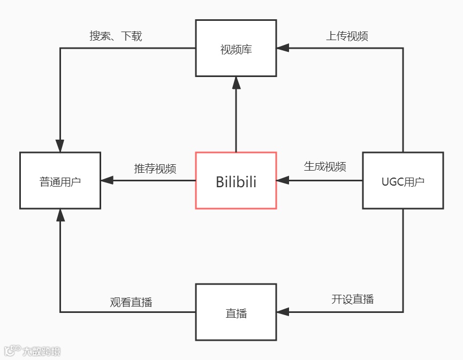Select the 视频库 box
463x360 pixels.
tap(236, 49)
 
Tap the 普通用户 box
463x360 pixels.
tap(60, 181)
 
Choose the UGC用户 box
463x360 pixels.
tap(403, 181)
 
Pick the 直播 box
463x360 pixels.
tap(236, 312)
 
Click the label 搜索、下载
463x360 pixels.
tap(116, 36)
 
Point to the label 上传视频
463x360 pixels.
tap(347, 36)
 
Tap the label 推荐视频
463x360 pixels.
tap(155, 168)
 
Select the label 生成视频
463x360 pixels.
tap(325, 166)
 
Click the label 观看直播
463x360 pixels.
tap(131, 302)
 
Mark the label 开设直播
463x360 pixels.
tap(352, 299)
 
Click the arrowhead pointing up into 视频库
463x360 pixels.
tap(236, 82)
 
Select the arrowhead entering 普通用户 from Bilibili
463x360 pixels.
tap(107, 180)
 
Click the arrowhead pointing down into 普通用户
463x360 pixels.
tap(60, 146)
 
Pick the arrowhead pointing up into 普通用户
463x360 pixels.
tap(60, 215)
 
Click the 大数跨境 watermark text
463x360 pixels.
tap(41, 351)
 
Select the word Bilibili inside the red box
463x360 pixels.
tap(236, 182)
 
